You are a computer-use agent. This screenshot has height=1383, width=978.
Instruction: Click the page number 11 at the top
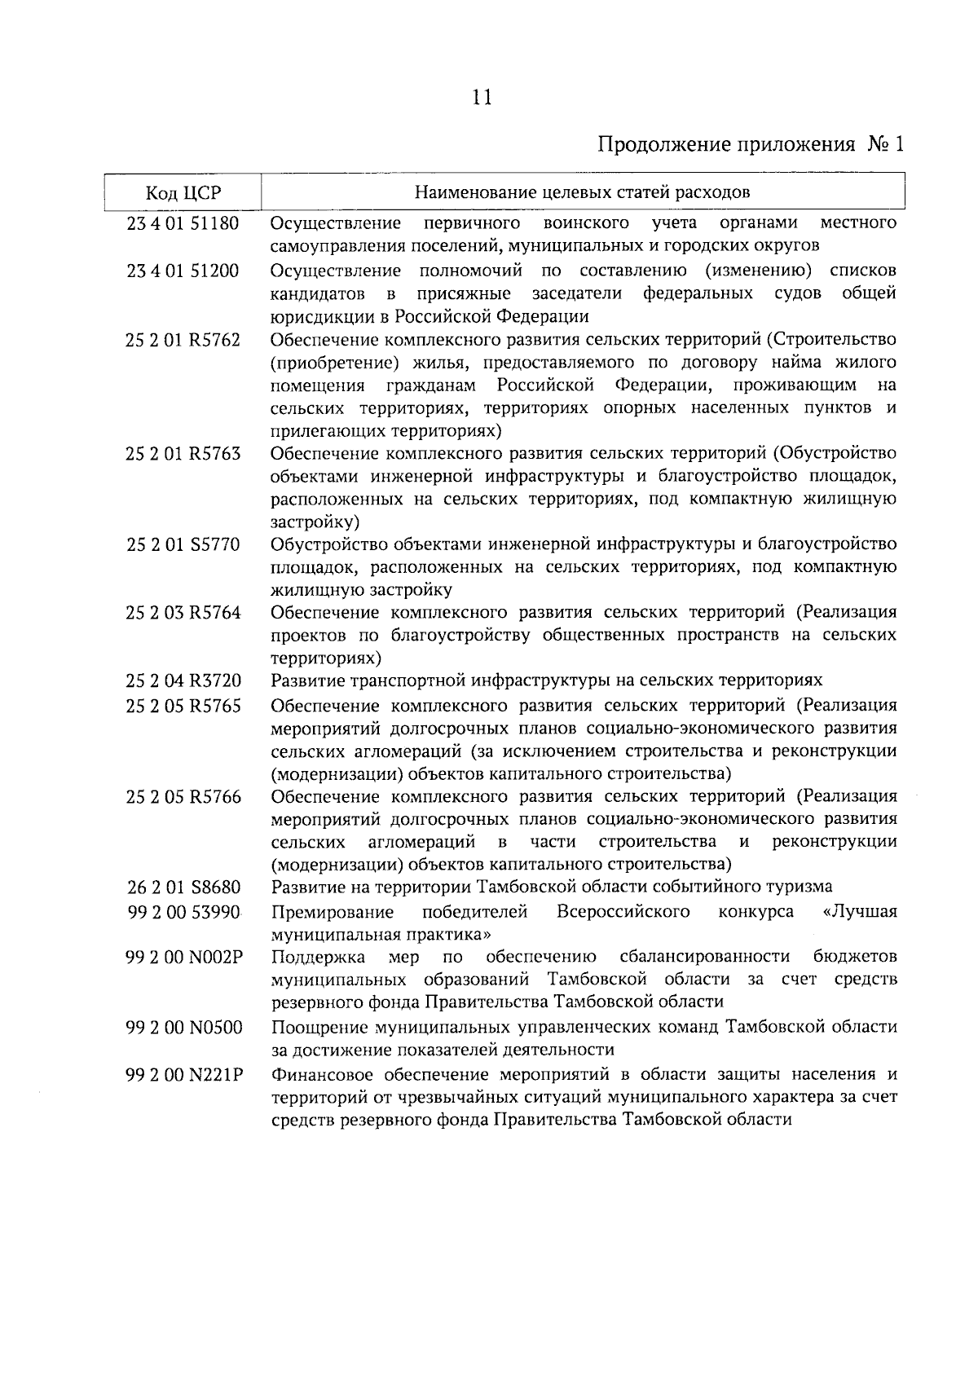point(482,99)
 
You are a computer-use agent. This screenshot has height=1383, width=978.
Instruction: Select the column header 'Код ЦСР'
point(183,193)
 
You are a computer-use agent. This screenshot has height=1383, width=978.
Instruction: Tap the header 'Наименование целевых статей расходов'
point(582,193)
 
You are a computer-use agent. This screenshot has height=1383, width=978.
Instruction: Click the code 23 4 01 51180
point(183,223)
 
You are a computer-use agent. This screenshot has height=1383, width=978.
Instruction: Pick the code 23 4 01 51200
point(183,271)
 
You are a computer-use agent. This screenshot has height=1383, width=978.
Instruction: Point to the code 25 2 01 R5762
point(183,340)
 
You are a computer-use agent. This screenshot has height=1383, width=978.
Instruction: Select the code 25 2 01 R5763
point(183,453)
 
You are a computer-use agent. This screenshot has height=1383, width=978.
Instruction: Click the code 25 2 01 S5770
point(183,544)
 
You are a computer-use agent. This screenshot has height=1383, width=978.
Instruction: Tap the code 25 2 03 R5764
point(183,613)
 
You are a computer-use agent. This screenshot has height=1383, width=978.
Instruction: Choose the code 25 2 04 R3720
point(183,680)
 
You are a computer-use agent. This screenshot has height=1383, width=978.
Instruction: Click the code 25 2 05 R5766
point(183,796)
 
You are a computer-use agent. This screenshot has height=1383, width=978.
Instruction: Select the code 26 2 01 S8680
point(183,887)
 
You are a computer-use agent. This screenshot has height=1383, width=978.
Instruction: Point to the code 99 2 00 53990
point(183,912)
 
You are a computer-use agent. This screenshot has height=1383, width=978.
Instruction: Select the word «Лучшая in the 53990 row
point(861,911)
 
